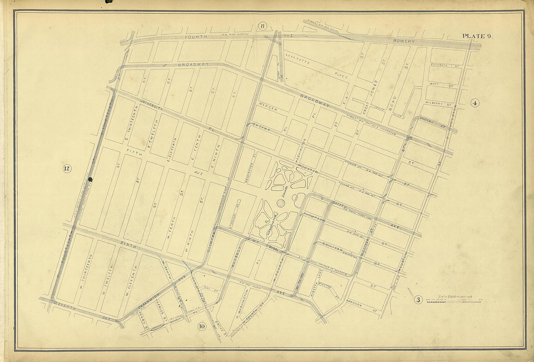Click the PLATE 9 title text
pos(477,36)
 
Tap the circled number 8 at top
pos(262,26)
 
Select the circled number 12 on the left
pos(67,169)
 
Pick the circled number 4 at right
pos(475,103)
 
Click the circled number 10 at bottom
pos(202,327)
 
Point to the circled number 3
pos(418,300)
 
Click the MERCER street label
pos(268,107)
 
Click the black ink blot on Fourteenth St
pos(90,179)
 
